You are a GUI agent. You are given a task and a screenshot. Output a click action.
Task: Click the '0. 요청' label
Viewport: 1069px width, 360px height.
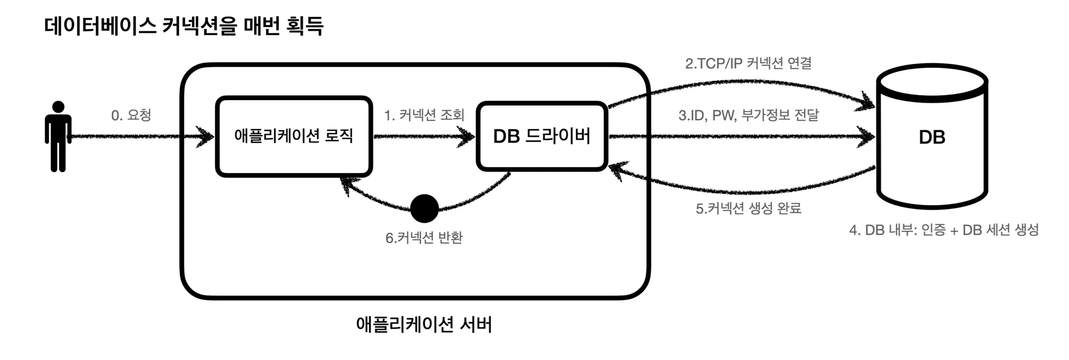click(131, 115)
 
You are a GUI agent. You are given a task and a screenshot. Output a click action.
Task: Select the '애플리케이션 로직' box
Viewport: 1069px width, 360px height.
click(294, 136)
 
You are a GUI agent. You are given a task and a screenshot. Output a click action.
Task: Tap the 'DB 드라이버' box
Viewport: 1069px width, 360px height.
click(542, 136)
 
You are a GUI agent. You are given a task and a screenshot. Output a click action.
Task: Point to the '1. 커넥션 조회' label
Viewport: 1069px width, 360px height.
click(424, 115)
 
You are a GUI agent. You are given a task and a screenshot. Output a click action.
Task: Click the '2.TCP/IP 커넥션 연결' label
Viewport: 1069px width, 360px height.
click(748, 64)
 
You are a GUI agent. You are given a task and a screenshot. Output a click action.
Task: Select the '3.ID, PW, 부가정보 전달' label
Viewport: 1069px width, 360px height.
click(749, 115)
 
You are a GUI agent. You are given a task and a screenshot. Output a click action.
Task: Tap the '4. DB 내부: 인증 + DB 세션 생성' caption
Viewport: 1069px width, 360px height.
click(944, 230)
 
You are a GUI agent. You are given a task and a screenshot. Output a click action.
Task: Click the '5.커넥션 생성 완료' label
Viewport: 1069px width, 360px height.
click(748, 208)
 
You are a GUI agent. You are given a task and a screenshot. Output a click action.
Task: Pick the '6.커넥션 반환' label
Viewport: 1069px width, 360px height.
click(424, 238)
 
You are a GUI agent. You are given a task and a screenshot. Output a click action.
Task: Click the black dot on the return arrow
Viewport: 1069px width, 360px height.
click(424, 209)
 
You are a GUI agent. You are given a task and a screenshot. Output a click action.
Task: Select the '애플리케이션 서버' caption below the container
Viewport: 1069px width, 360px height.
click(424, 325)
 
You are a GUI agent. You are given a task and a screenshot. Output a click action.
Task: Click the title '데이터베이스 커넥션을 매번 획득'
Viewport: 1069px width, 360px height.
click(184, 26)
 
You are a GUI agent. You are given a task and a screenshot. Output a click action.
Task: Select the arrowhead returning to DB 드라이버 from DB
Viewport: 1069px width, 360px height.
click(618, 170)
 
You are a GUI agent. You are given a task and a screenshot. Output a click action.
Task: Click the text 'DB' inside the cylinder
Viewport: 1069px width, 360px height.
click(932, 137)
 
